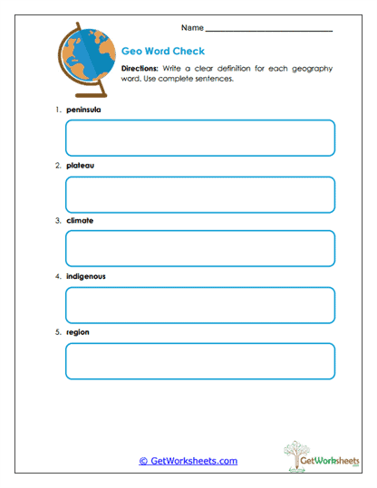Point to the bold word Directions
[140, 68]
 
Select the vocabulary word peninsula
[83, 110]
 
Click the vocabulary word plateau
[80, 165]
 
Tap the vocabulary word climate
[80, 220]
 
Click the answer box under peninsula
[200, 138]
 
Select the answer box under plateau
[200, 194]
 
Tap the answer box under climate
[200, 249]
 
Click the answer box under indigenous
[200, 305]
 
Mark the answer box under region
[200, 361]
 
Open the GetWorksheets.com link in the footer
[188, 461]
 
